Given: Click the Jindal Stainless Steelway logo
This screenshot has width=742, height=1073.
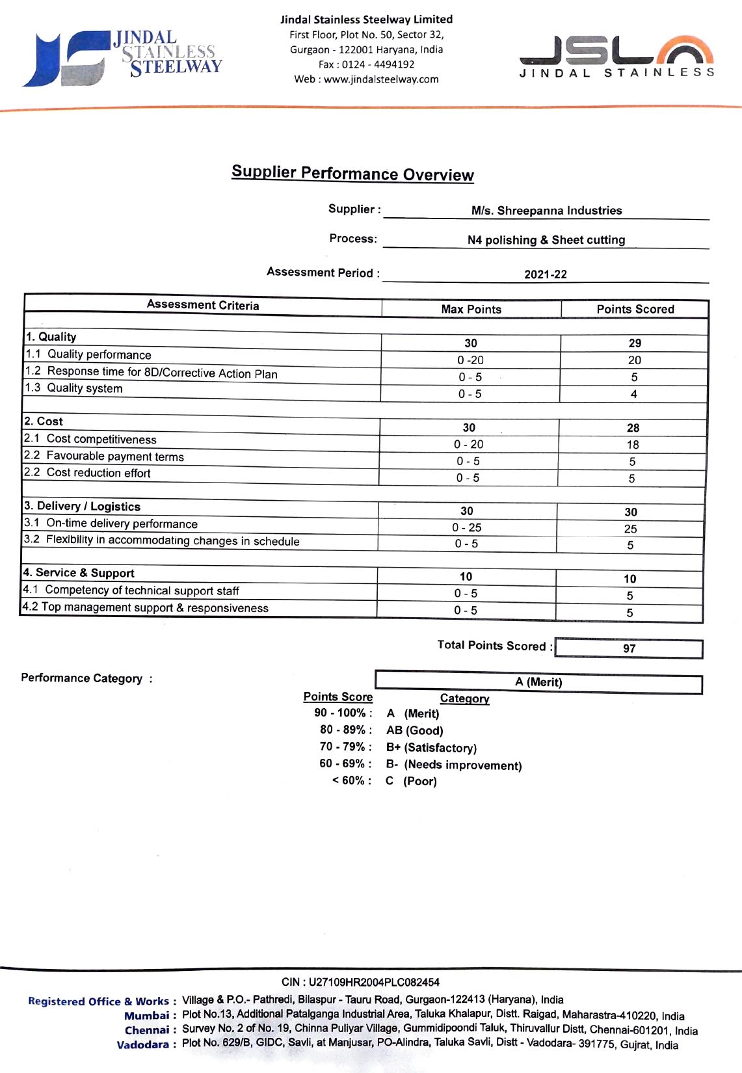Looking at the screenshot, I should coord(122,57).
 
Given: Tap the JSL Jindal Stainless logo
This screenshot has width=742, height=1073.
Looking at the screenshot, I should coord(616,57).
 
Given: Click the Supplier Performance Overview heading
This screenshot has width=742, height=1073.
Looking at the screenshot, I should coord(352,173).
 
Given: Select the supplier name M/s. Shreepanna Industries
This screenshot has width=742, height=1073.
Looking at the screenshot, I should coord(546,210).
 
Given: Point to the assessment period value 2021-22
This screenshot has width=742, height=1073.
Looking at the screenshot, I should coord(545,274).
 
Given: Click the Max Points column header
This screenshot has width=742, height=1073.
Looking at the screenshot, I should coord(471,310).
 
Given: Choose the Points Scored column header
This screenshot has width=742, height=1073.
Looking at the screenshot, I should coord(635,310).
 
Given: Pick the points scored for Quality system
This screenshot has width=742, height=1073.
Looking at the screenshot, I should coord(633,394).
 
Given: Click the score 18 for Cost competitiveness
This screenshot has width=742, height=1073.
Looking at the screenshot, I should coord(633,445).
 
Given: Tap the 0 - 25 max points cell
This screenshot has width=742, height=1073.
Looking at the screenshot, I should coord(467,527).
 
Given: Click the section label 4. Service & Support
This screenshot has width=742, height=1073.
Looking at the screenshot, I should coord(79,573).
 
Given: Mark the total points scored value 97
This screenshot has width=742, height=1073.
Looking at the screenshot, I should coord(629,648).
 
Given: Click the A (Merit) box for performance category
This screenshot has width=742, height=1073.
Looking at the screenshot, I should coord(538,682).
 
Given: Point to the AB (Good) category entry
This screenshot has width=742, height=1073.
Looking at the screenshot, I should coord(414,730).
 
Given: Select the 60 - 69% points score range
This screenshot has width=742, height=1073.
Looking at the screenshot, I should coord(345,763).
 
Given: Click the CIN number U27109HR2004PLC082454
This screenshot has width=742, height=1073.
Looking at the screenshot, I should coord(360,982).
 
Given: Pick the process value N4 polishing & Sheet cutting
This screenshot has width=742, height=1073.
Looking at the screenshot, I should coord(546,240).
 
